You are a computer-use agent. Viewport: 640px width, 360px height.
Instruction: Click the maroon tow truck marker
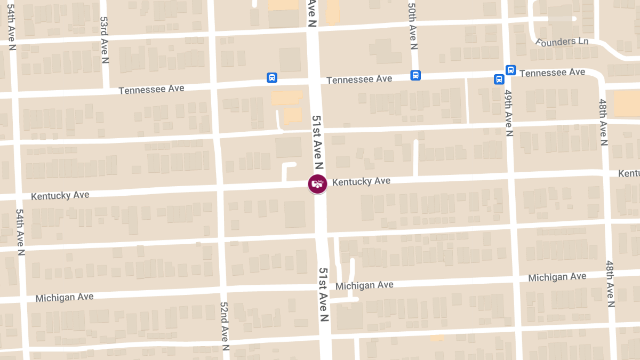317,184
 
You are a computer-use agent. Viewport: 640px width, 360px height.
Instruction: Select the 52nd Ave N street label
225,326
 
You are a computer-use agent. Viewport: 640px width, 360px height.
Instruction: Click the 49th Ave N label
508,113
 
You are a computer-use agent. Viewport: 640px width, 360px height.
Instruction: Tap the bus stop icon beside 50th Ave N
415,75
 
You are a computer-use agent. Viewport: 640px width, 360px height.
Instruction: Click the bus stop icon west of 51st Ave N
272,78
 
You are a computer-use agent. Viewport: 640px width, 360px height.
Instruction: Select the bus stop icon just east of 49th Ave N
511,70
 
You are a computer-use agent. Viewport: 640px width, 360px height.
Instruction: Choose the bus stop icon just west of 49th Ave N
499,79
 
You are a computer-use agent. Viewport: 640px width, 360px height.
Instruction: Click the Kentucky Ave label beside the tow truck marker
361,181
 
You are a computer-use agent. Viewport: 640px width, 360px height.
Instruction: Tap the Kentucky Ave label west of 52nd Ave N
60,195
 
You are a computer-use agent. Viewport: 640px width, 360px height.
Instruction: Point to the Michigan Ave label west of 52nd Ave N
65,297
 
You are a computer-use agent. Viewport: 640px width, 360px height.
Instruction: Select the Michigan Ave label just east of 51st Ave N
364,285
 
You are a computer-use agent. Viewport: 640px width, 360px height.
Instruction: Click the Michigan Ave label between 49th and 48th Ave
557,277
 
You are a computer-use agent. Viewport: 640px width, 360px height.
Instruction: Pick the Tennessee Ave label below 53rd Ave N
151,89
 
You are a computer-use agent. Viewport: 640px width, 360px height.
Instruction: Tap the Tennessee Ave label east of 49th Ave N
552,72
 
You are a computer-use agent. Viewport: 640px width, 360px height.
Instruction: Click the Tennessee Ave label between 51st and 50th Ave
359,79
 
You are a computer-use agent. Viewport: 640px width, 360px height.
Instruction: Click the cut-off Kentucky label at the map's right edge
629,174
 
